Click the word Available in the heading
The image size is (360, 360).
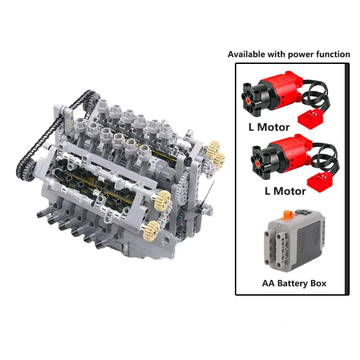coord(246,54)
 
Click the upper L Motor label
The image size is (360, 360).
coord(269,127)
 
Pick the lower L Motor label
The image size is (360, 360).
coord(285,191)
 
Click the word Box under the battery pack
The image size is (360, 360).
coord(318,283)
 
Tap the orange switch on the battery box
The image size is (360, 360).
coord(288,214)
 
